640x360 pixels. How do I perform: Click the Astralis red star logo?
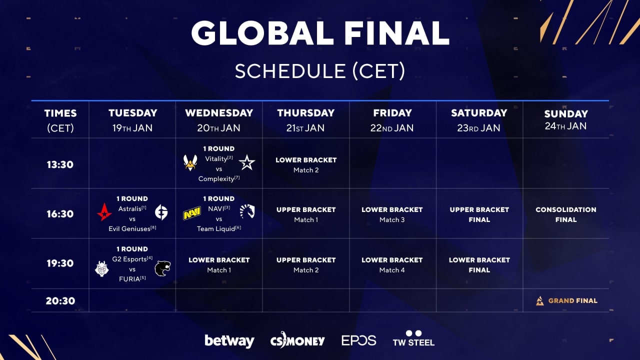click(x=104, y=212)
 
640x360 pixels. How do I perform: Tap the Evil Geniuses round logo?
click(x=161, y=212)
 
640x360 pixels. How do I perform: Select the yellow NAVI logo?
click(x=191, y=213)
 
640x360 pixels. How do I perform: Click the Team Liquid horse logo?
click(x=247, y=211)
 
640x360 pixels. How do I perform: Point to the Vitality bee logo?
click(x=190, y=162)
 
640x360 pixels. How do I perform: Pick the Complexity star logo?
click(x=247, y=162)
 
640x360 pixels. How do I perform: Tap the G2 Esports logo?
click(x=101, y=269)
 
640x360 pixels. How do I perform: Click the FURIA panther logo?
click(x=162, y=268)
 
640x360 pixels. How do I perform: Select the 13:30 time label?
click(x=60, y=164)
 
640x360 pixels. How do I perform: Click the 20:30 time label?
click(x=60, y=301)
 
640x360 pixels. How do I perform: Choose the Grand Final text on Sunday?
click(x=573, y=300)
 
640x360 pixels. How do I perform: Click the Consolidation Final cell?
click(x=565, y=214)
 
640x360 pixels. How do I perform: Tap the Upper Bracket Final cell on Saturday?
click(x=479, y=214)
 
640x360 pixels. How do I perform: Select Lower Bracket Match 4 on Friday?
click(x=392, y=265)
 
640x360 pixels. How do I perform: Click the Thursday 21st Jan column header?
click(x=305, y=120)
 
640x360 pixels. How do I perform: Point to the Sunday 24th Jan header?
click(x=565, y=119)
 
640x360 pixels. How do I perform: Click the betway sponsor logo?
click(x=229, y=341)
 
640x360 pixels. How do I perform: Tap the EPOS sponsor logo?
click(x=359, y=340)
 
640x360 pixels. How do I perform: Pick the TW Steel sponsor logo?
click(x=413, y=338)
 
